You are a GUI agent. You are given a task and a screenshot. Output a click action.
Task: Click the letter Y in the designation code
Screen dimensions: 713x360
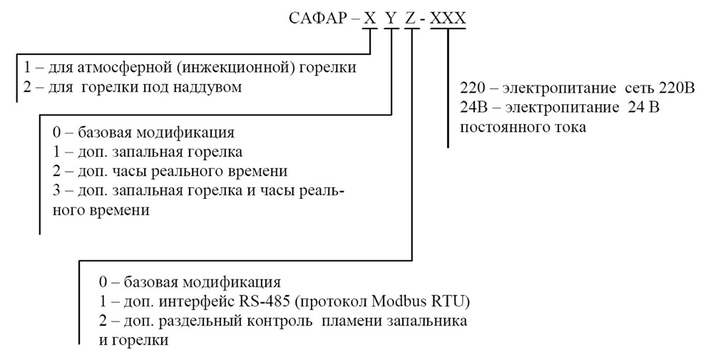click(x=391, y=19)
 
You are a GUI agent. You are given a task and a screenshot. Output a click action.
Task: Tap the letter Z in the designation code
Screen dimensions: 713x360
click(x=411, y=19)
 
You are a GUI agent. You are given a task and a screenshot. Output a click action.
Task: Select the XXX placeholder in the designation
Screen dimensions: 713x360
click(x=448, y=19)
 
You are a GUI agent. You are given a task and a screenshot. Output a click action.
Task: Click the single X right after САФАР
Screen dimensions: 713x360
click(x=370, y=19)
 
